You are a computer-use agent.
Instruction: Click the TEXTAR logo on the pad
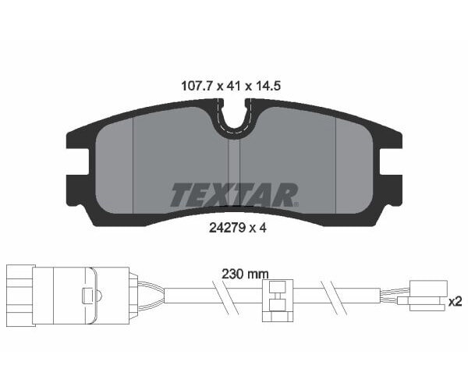pos(233,194)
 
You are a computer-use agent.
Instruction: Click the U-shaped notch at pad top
pos(233,117)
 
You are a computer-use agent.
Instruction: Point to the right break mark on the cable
pos(336,297)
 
